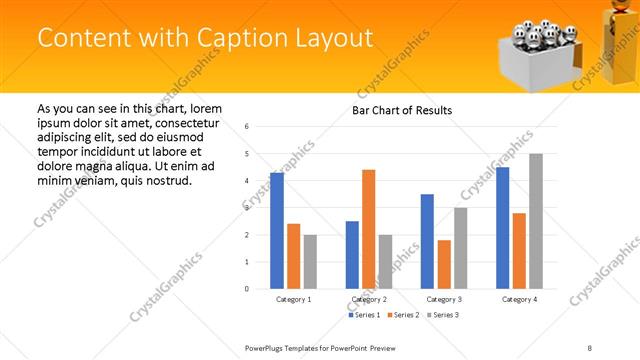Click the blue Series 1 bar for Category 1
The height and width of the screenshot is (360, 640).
(277, 231)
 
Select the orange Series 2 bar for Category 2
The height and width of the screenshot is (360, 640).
(369, 229)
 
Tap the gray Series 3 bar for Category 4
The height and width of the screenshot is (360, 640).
(536, 221)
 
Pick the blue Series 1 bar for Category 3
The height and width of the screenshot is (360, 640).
(427, 241)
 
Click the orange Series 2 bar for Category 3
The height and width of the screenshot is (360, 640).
(444, 264)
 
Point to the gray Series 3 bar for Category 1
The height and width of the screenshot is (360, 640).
(310, 261)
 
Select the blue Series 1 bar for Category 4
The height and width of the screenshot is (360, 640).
(502, 228)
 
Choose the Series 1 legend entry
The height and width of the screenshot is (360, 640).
(363, 315)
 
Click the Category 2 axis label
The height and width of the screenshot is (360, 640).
(369, 299)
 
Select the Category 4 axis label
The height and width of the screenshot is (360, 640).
(519, 299)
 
